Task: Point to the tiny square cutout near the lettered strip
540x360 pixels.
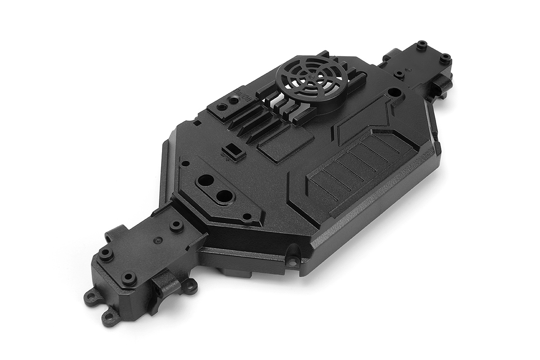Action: (197, 122)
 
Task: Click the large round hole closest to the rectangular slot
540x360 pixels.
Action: (205, 180)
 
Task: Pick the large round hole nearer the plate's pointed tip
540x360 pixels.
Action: (225, 196)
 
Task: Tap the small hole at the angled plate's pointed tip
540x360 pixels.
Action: (247, 216)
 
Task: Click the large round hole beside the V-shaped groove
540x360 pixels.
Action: (393, 92)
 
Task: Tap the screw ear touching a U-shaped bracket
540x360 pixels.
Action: (191, 286)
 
